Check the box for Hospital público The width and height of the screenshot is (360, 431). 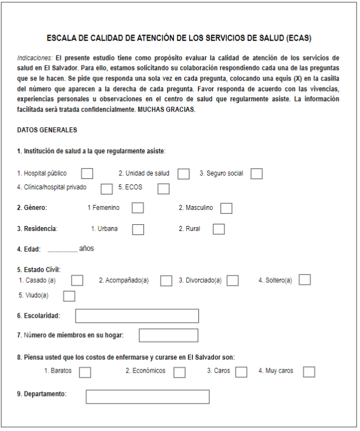coord(87,174)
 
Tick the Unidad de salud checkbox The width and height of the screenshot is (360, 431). coord(183,174)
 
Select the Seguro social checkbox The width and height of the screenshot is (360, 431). coord(256,174)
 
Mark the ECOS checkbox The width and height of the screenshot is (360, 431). coord(163,189)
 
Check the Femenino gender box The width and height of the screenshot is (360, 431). coord(138,208)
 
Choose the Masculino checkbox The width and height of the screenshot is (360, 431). coord(226,208)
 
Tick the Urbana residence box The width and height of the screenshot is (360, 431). coord(138,229)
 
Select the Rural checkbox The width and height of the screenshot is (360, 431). coord(219,229)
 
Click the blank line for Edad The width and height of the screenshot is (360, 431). coord(62,249)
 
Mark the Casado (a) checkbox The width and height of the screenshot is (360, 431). coord(77,280)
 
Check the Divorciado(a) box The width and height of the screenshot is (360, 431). coord(233,280)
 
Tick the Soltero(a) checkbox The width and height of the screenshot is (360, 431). coord(304,279)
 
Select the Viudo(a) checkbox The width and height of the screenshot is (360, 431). coord(69,296)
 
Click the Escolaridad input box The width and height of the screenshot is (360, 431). coord(137,316)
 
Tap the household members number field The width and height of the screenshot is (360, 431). coord(168,335)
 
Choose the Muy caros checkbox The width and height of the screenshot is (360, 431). coord(309,372)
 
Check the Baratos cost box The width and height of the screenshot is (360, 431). coord(85,372)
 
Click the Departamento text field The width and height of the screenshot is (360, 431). coord(147,397)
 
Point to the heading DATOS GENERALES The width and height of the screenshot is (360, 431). coord(47,130)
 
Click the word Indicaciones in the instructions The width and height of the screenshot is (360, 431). coord(35,58)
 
